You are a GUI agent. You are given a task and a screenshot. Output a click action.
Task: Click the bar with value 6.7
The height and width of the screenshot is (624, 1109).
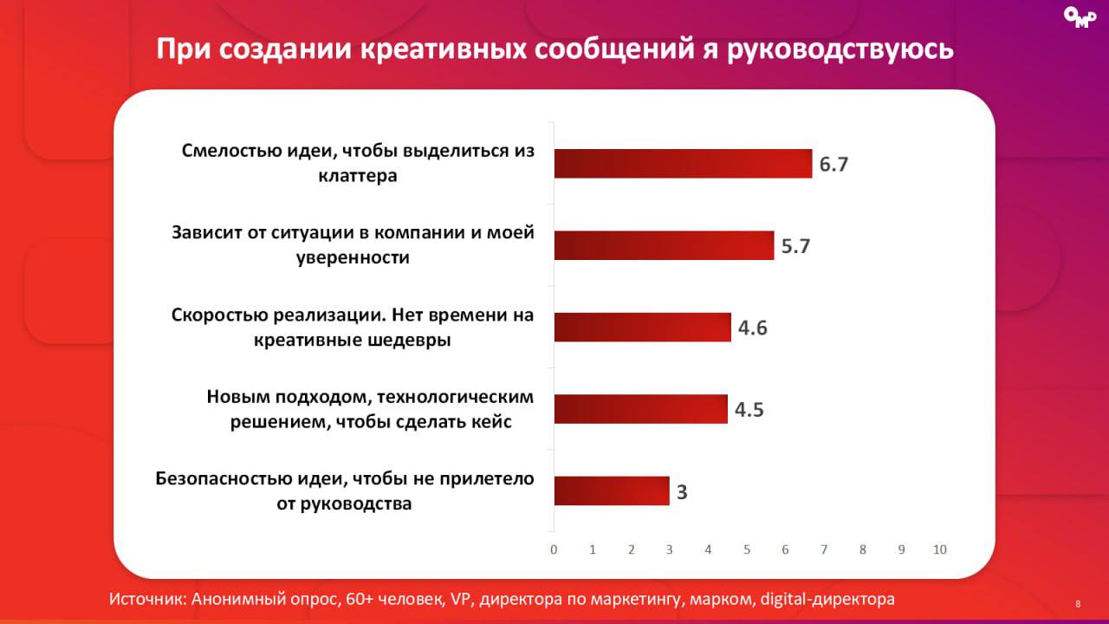pos(683,164)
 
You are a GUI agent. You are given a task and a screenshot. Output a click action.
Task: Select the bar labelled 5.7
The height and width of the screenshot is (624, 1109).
pos(664,245)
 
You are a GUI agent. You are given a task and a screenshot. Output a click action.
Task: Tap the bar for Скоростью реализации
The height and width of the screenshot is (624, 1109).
pos(642,328)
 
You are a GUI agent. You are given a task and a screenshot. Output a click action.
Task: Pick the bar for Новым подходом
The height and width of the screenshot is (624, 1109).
pos(640,409)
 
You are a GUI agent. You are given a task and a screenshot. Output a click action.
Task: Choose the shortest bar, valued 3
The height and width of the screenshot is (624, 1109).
pos(612,491)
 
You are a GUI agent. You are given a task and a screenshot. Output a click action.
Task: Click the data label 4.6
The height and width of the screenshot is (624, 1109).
pos(753,328)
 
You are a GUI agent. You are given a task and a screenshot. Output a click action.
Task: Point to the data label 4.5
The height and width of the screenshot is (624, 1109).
pos(749,410)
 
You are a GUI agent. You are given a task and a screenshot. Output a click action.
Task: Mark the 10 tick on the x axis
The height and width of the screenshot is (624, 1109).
pos(939,549)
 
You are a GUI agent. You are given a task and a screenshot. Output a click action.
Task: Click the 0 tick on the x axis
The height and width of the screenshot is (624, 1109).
pos(554,549)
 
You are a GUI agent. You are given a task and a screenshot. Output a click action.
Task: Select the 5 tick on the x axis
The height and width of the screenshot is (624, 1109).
pos(747,549)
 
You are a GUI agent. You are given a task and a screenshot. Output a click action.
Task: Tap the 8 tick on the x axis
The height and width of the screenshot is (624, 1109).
pos(863,549)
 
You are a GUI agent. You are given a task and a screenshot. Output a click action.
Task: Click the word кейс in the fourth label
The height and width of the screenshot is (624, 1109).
pos(490,422)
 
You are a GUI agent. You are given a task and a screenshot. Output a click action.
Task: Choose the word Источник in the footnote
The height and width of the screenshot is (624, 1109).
pos(146,600)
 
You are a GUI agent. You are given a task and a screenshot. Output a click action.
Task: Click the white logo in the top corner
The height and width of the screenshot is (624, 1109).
pos(1080,17)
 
